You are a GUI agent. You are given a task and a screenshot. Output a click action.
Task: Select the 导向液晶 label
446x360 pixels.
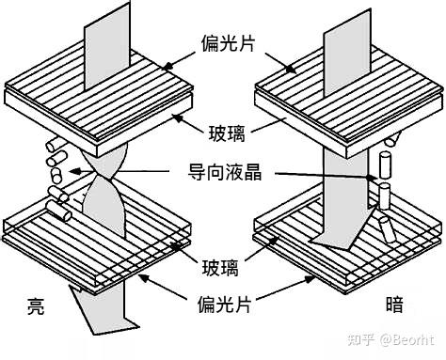pyautogui.click(x=221, y=173)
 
